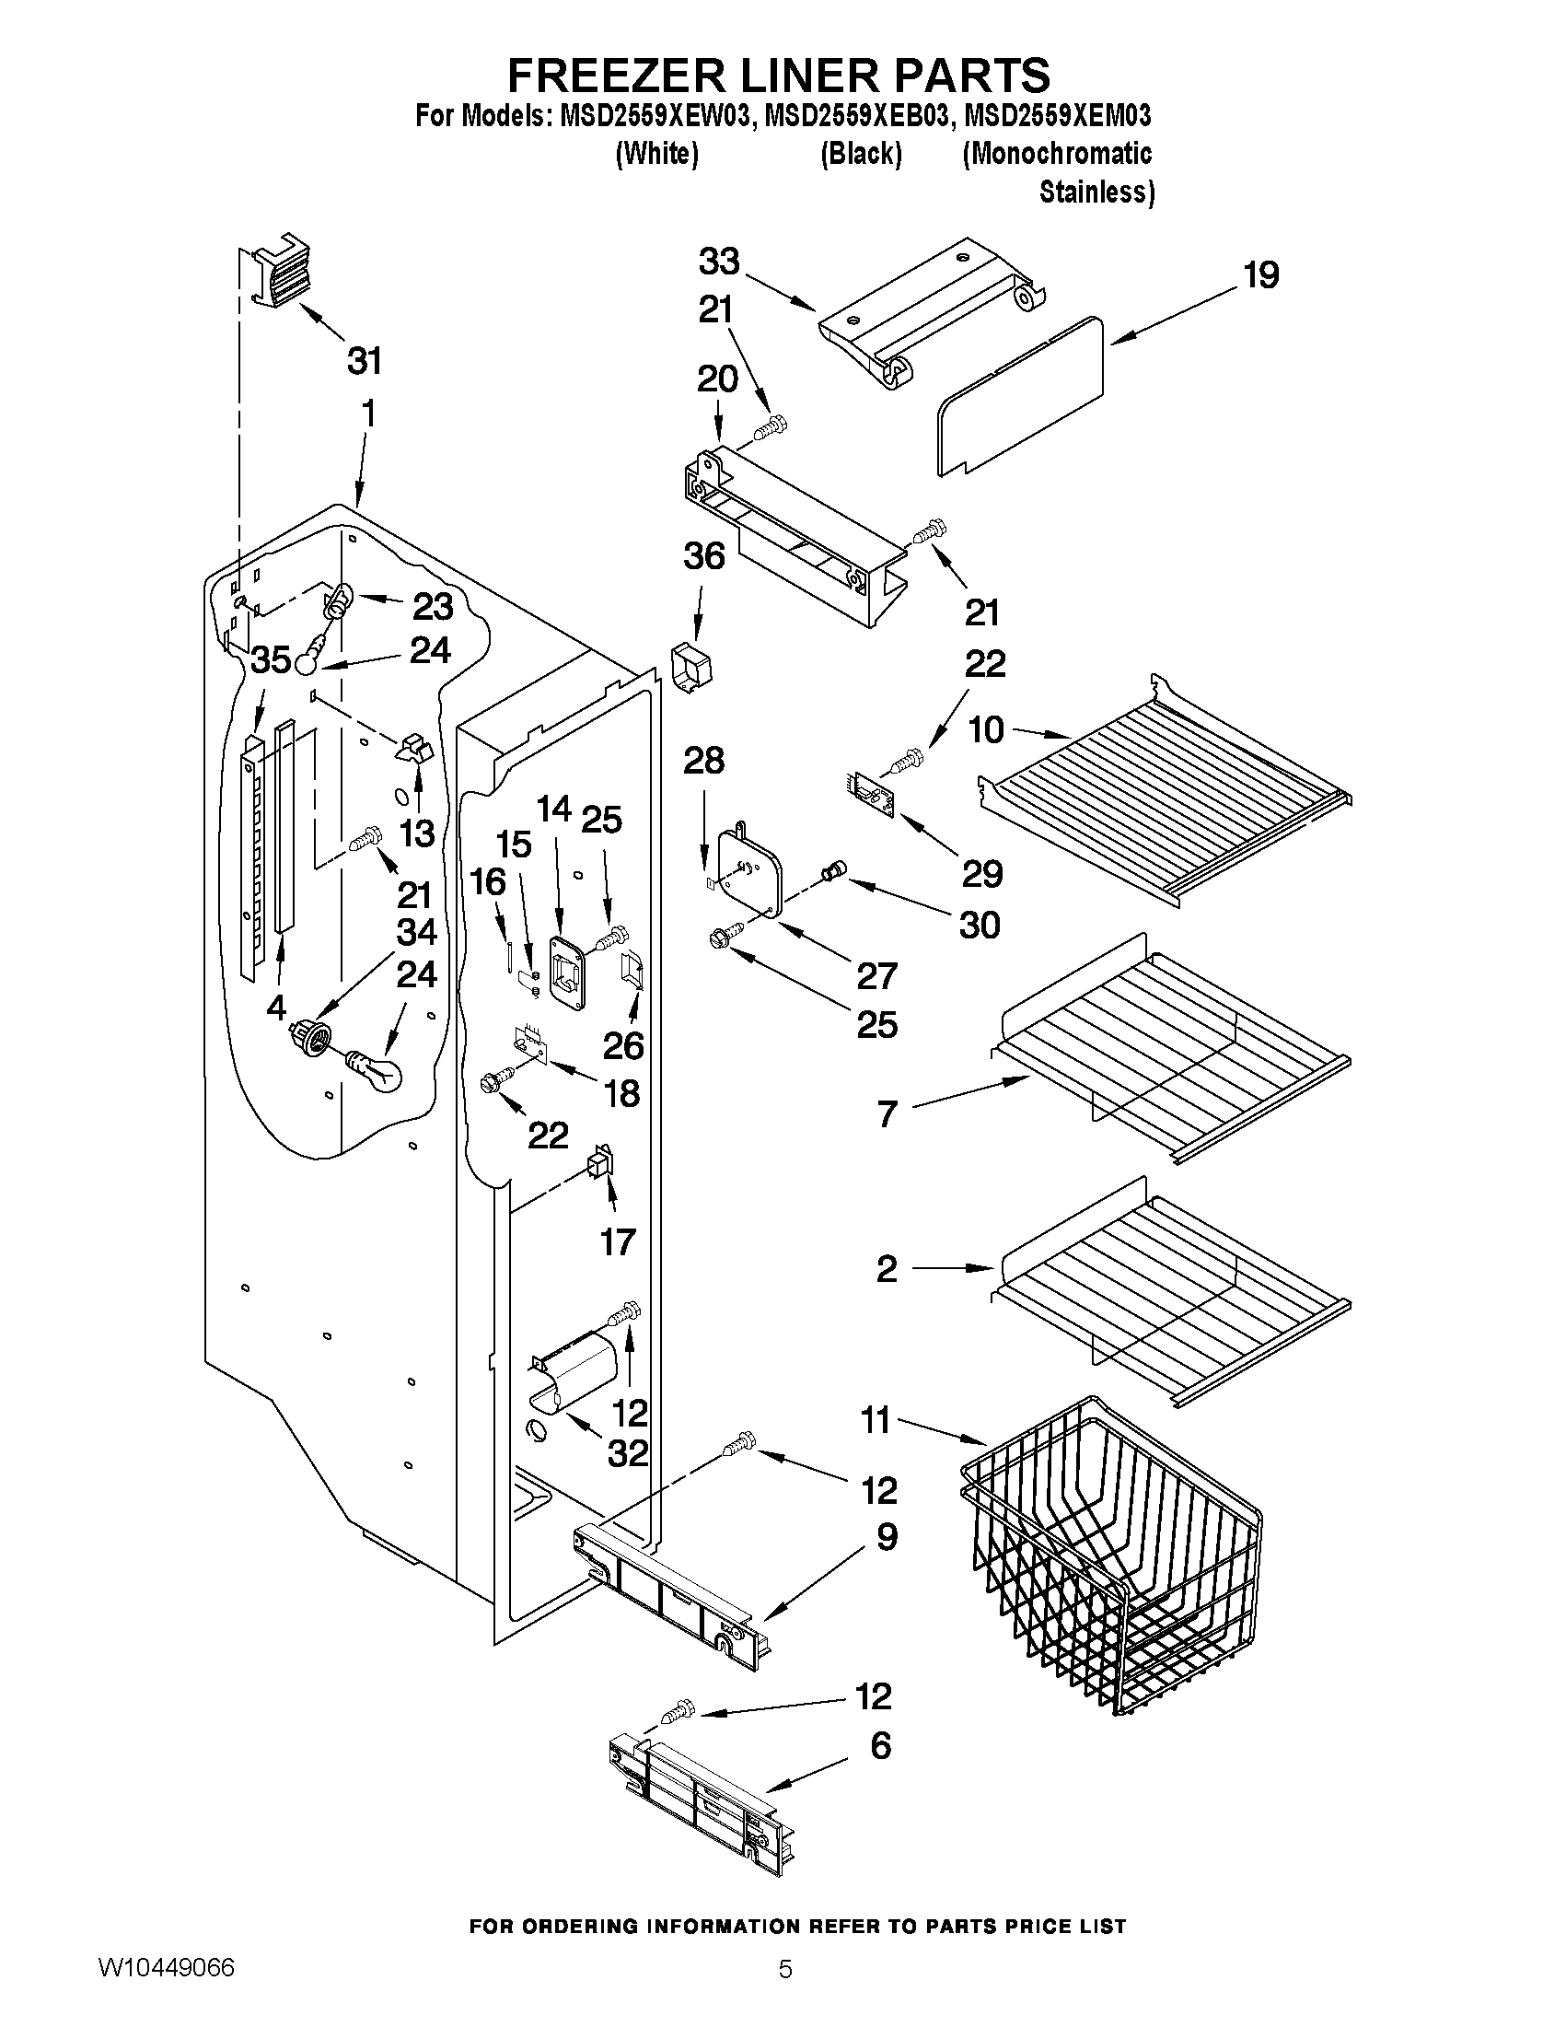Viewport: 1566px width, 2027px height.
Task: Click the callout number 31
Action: [365, 361]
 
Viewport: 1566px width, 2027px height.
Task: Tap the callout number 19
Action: [1260, 275]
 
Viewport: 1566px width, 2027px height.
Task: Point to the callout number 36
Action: [703, 557]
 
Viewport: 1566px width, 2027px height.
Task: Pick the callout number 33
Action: [719, 262]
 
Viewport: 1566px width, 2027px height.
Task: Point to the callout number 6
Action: [879, 1746]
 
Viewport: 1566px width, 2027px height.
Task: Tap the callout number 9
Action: [886, 1537]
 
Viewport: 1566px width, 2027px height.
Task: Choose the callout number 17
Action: [617, 1241]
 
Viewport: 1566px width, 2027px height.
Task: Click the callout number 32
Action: [627, 1453]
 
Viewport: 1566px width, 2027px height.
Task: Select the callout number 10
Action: [986, 730]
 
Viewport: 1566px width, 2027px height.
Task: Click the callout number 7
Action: [887, 1113]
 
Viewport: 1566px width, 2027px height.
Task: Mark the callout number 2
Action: [886, 1269]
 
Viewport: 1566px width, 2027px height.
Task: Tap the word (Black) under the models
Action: [861, 154]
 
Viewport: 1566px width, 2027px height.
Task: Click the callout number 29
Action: [981, 874]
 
